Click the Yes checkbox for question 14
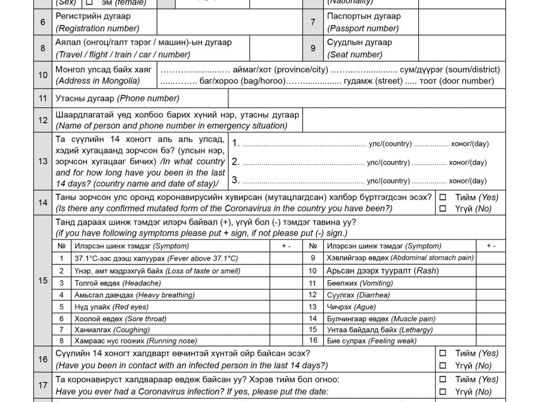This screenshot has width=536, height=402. pyautogui.click(x=443, y=198)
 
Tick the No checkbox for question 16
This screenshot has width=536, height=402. pyautogui.click(x=443, y=366)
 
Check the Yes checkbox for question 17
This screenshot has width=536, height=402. pyautogui.click(x=443, y=380)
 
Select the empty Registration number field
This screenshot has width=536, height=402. pyautogui.click(x=229, y=22)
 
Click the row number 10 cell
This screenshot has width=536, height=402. pyautogui.click(x=43, y=75)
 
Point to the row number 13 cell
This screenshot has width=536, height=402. pyautogui.click(x=43, y=161)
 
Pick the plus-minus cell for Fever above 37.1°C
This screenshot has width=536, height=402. pyautogui.click(x=286, y=258)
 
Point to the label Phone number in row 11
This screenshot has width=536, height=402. pyautogui.click(x=148, y=99)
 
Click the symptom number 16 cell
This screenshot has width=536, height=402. pyautogui.click(x=313, y=341)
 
